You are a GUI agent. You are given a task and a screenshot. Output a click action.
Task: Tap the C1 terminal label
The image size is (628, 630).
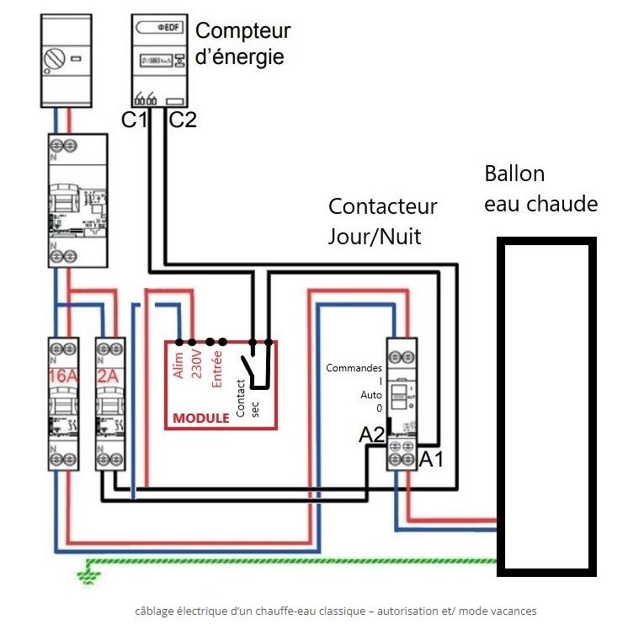tap(134, 120)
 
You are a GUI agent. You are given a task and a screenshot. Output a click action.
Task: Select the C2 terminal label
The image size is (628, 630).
tap(183, 120)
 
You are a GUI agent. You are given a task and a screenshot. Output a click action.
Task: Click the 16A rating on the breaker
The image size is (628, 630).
tap(62, 376)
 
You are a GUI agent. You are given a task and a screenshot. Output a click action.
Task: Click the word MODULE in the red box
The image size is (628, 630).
tap(201, 418)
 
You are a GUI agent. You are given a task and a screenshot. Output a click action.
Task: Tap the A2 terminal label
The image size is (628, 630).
tap(372, 435)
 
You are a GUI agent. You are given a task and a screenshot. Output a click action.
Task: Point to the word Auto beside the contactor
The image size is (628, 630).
tap(371, 394)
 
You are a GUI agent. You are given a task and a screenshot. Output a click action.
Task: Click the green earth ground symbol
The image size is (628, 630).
tap(86, 576)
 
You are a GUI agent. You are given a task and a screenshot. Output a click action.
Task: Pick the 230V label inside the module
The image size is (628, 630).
tap(197, 364)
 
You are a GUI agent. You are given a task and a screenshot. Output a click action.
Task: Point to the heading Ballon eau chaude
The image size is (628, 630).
tap(540, 189)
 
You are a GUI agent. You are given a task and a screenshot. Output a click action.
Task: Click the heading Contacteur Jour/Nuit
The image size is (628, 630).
tap(383, 221)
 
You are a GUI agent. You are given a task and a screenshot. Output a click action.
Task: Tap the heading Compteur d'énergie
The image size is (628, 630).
tap(242, 44)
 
